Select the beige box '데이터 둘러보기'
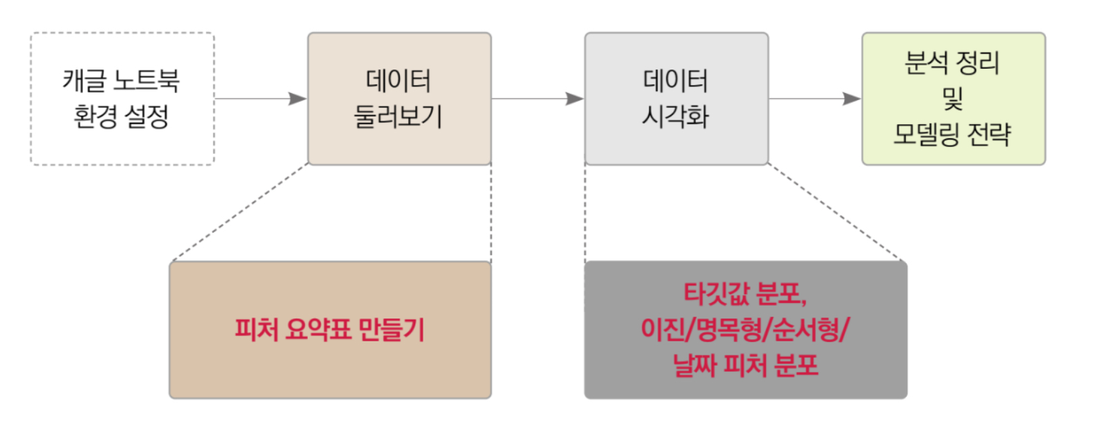coord(400,99)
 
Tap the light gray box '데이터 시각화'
coord(676,99)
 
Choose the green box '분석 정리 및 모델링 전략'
coord(954,99)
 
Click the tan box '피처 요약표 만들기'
coord(330,330)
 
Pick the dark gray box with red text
coord(746,330)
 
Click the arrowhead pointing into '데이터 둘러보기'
coord(298,99)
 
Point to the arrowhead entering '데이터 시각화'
coord(575,99)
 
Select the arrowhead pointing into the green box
coord(852,99)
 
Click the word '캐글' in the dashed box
coord(84,80)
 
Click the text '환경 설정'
coord(121,117)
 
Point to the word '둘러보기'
coord(398,117)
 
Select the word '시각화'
coord(676,117)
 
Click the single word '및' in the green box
coord(953,98)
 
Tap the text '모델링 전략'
coord(953,134)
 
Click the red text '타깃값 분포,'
coord(745,294)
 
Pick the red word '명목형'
coord(729,329)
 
